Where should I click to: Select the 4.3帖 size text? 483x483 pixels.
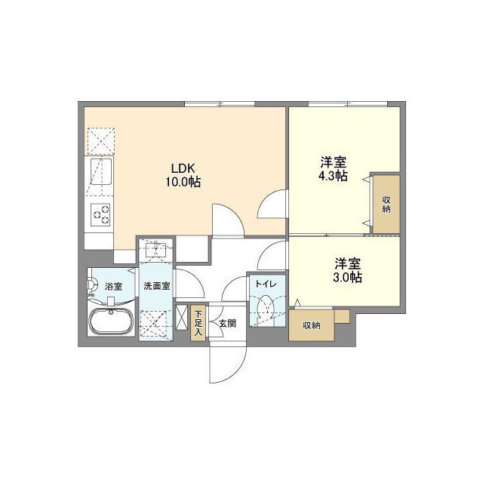[333, 175]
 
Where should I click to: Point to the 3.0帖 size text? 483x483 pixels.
[348, 277]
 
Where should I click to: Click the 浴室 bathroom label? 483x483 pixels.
[114, 286]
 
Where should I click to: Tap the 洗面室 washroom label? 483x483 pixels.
[157, 286]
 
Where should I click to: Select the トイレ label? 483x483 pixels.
[265, 284]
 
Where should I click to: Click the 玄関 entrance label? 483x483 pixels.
[227, 323]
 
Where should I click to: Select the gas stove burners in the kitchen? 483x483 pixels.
[100, 215]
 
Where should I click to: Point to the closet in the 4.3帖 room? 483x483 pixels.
[386, 203]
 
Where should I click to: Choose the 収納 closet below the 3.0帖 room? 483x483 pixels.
[312, 325]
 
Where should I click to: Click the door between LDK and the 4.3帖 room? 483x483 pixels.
[273, 204]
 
